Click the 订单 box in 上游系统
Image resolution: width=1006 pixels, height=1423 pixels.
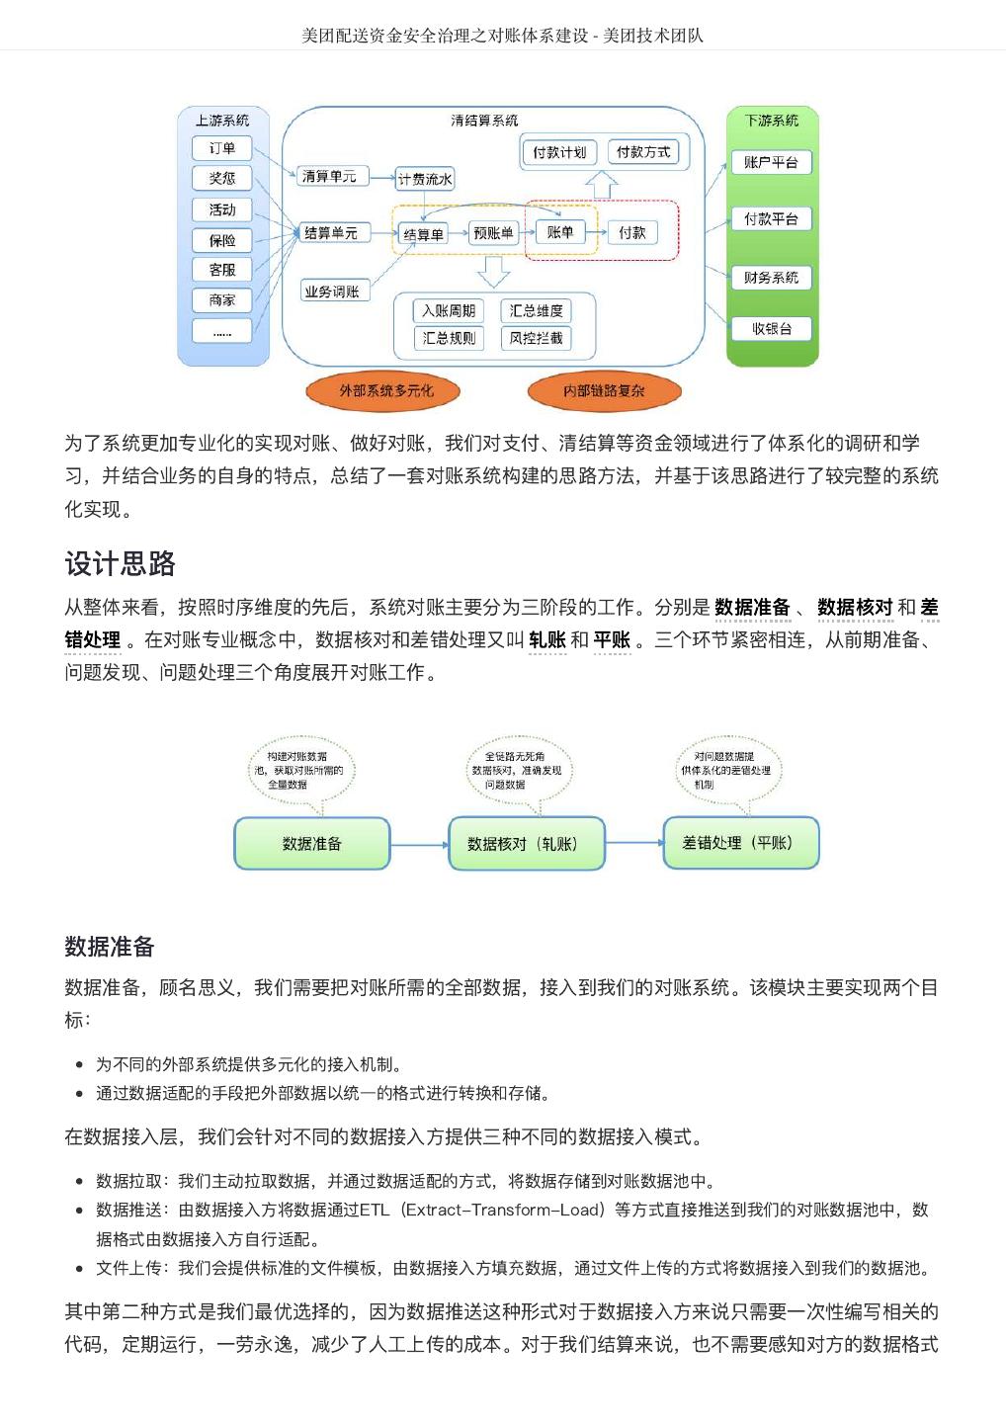(x=222, y=148)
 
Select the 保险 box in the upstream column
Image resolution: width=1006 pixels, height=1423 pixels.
(x=222, y=240)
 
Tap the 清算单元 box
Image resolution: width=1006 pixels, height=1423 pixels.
(x=330, y=177)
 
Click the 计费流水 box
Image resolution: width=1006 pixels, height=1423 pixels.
(x=425, y=179)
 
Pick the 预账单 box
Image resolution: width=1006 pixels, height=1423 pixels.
(x=493, y=233)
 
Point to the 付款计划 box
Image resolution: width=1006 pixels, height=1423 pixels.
(x=558, y=152)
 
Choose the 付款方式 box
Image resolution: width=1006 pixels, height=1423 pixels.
(x=642, y=152)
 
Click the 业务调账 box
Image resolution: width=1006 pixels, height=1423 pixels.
(x=332, y=292)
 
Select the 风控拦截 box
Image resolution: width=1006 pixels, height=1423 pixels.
(x=536, y=338)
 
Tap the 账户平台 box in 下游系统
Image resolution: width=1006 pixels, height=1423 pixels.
(x=771, y=162)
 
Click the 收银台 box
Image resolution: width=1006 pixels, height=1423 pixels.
(x=771, y=328)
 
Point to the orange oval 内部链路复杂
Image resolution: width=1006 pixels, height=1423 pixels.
(x=604, y=391)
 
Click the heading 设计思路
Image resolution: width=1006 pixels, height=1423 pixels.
(x=121, y=563)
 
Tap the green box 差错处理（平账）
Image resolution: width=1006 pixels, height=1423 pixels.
(x=740, y=843)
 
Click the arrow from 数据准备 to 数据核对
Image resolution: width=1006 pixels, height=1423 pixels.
(x=419, y=845)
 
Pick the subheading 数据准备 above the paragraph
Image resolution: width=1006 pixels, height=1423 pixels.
(x=110, y=947)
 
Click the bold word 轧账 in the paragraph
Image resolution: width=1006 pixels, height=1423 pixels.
(x=547, y=639)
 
